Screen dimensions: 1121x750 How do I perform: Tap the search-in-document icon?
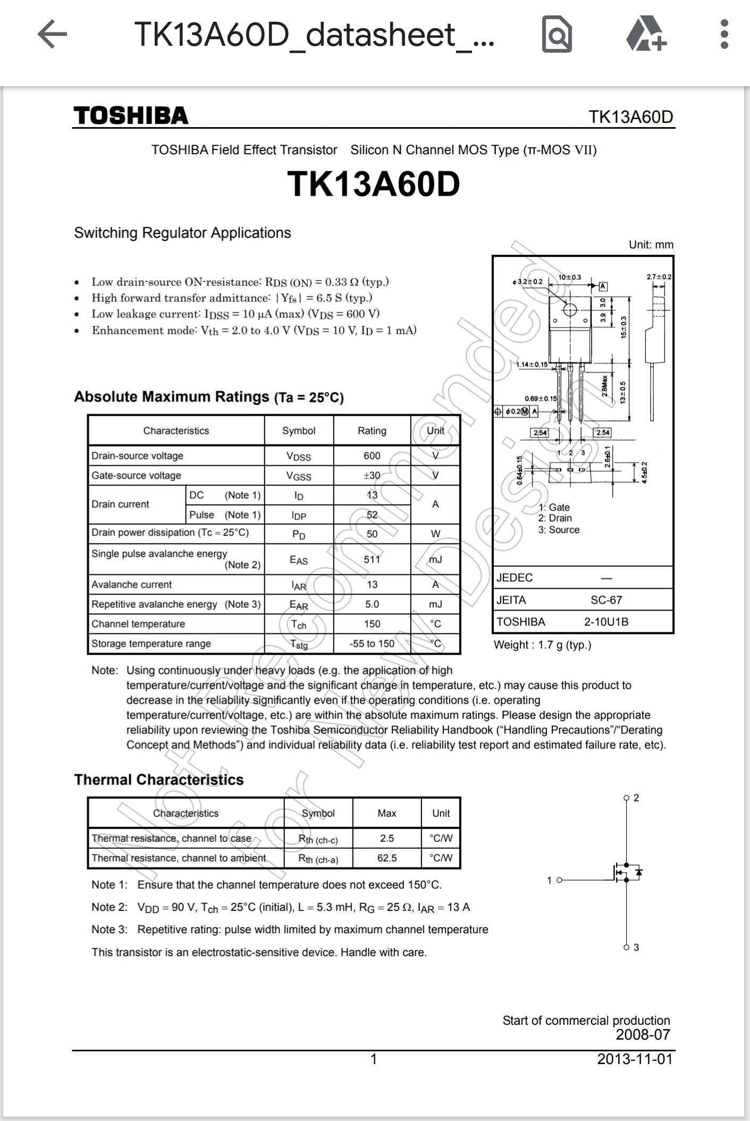pyautogui.click(x=557, y=35)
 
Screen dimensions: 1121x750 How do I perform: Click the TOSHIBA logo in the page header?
pyautogui.click(x=131, y=115)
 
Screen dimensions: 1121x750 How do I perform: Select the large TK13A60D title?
pyautogui.click(x=374, y=184)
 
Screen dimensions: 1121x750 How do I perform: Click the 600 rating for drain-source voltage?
pyautogui.click(x=372, y=456)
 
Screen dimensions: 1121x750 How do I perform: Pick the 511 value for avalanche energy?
pyautogui.click(x=372, y=559)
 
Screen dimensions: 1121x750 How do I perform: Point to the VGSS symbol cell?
pyautogui.click(x=299, y=476)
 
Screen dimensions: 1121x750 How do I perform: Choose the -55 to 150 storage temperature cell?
pyautogui.click(x=372, y=643)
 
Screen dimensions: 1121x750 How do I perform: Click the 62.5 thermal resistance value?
pyautogui.click(x=387, y=858)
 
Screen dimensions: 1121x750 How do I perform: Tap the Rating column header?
pyautogui.click(x=372, y=431)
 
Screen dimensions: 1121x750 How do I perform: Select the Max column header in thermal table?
pyautogui.click(x=387, y=813)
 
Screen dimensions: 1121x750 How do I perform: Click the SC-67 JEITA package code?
pyautogui.click(x=606, y=600)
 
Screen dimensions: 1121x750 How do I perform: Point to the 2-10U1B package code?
pyautogui.click(x=606, y=622)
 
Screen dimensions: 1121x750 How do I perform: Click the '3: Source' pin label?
pyautogui.click(x=559, y=530)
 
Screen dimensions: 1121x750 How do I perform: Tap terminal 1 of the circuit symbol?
pyautogui.click(x=558, y=880)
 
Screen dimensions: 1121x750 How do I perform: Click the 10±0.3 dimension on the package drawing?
pyautogui.click(x=569, y=277)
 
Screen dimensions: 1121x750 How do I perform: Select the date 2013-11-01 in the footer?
pyautogui.click(x=635, y=1059)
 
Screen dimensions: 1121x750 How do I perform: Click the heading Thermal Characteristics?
pyautogui.click(x=158, y=780)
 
